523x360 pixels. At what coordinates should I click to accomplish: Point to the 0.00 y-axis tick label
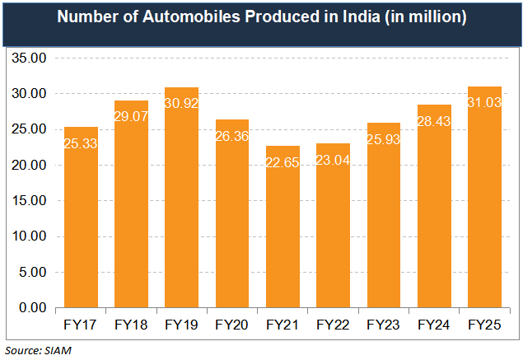click(32, 308)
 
